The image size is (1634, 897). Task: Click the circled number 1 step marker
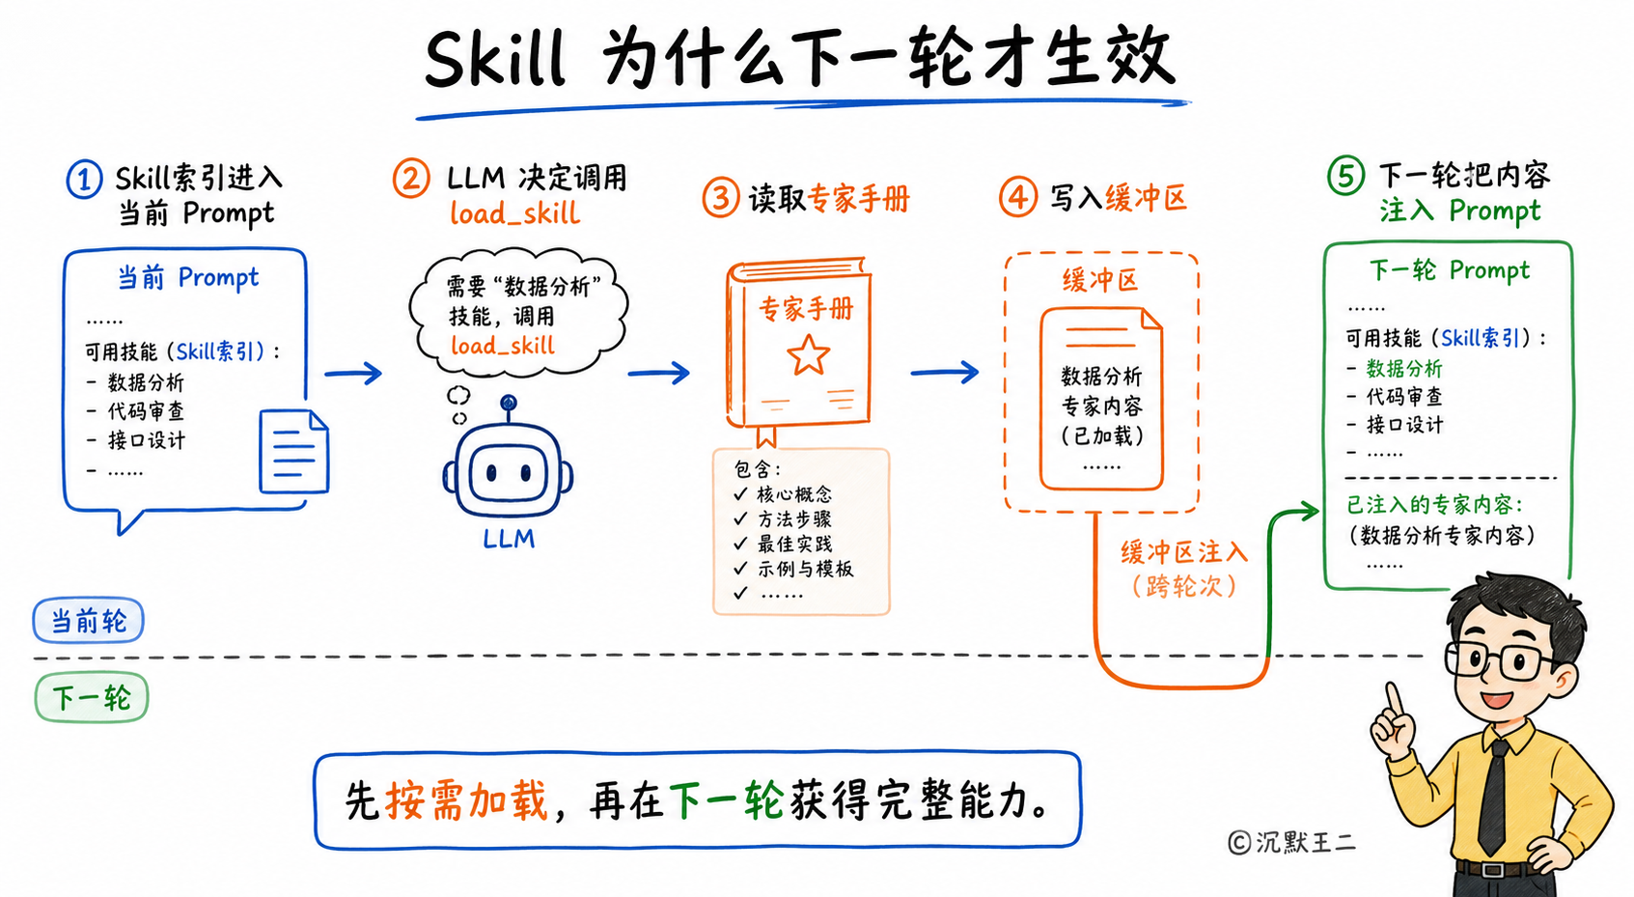point(84,180)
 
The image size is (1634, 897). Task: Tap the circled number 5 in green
point(1345,176)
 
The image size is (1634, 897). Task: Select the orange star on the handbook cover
point(808,354)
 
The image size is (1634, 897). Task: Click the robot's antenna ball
point(509,403)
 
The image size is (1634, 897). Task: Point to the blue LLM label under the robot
point(509,539)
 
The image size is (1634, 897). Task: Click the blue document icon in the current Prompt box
point(294,451)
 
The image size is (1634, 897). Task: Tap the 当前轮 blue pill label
point(88,621)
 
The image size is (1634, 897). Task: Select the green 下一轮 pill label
point(91,698)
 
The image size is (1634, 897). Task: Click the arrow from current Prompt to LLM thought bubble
point(353,373)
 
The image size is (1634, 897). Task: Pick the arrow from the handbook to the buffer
point(945,373)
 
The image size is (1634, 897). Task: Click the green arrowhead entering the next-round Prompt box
point(1307,511)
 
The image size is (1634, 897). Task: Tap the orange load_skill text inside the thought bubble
point(503,346)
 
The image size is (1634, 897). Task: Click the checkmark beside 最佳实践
point(741,543)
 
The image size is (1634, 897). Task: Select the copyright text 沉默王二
point(1306,842)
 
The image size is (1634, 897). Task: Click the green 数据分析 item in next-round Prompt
point(1404,369)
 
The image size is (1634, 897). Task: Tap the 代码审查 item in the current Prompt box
point(146,411)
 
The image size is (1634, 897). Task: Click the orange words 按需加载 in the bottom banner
point(466,800)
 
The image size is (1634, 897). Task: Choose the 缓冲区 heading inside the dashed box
point(1100,280)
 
